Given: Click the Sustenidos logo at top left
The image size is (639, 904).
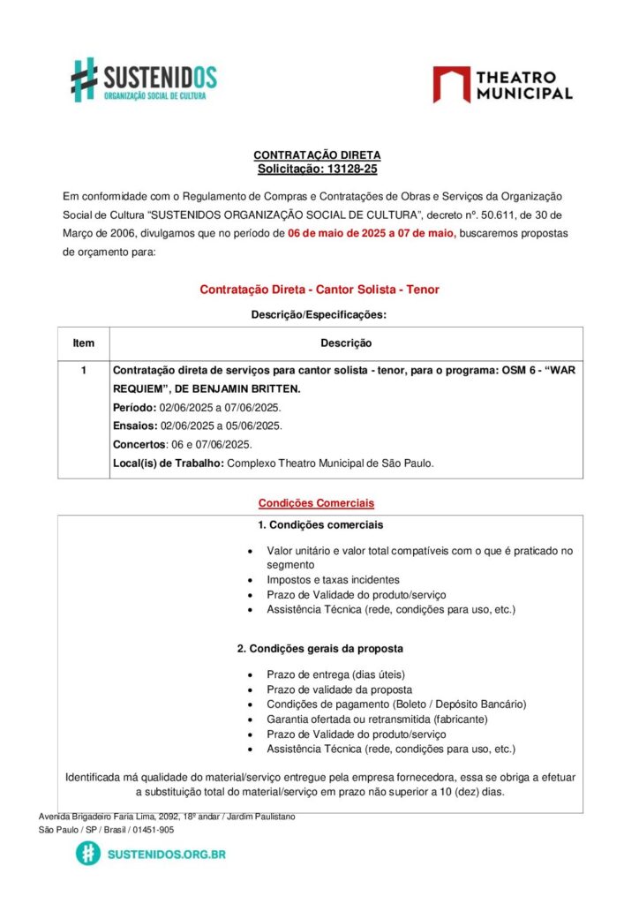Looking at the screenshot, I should point(144,79).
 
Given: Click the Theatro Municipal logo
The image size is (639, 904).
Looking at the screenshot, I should point(502,85).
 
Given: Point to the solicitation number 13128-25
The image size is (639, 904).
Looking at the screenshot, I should point(346,169).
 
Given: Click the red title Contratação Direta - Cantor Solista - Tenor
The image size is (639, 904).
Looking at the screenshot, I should point(319,290).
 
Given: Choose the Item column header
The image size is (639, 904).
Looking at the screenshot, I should point(84,343).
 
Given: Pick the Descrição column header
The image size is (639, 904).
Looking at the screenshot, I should point(346,343).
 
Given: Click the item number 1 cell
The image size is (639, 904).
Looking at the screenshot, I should point(84,371).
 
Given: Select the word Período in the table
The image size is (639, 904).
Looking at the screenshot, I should point(132,408).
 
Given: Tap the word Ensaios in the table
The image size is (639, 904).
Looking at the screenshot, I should point(133,426).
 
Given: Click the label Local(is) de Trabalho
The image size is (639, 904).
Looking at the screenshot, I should point(168,463).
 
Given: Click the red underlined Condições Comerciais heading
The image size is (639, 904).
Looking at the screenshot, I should point(316,503).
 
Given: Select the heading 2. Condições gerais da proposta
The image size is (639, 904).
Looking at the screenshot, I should point(320,649).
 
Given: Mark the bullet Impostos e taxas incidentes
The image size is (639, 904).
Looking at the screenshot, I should point(333,580).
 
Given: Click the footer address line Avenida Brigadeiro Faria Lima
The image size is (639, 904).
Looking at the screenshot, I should point(167,817).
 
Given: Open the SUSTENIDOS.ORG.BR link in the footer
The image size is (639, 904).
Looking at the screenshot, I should point(165,854).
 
